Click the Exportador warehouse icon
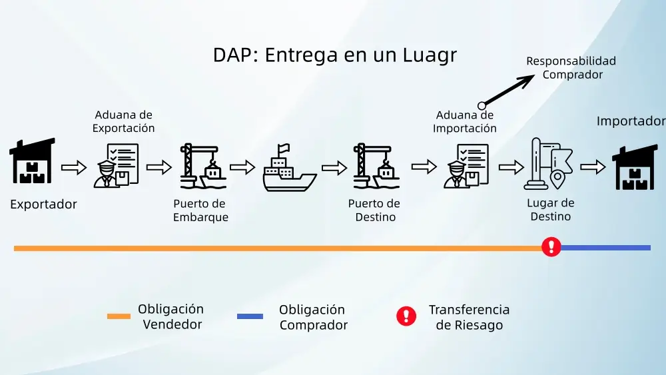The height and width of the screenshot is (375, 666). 32,162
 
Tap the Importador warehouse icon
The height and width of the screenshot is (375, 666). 635,167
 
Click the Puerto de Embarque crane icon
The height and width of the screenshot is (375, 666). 203,167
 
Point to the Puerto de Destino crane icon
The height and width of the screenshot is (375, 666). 376,167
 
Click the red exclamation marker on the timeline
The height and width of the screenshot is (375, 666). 551,247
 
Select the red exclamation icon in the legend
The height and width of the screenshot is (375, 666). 406,316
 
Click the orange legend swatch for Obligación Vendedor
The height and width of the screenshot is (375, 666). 119,316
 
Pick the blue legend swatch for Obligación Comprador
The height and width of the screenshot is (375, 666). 250,316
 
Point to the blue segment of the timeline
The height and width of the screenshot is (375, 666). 606,248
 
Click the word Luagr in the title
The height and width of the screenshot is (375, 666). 430,56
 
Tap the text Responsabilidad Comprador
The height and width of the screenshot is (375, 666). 571,67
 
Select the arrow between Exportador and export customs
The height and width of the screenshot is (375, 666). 74,167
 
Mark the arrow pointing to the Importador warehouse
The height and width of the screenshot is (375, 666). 593,167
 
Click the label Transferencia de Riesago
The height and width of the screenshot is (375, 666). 469,318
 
